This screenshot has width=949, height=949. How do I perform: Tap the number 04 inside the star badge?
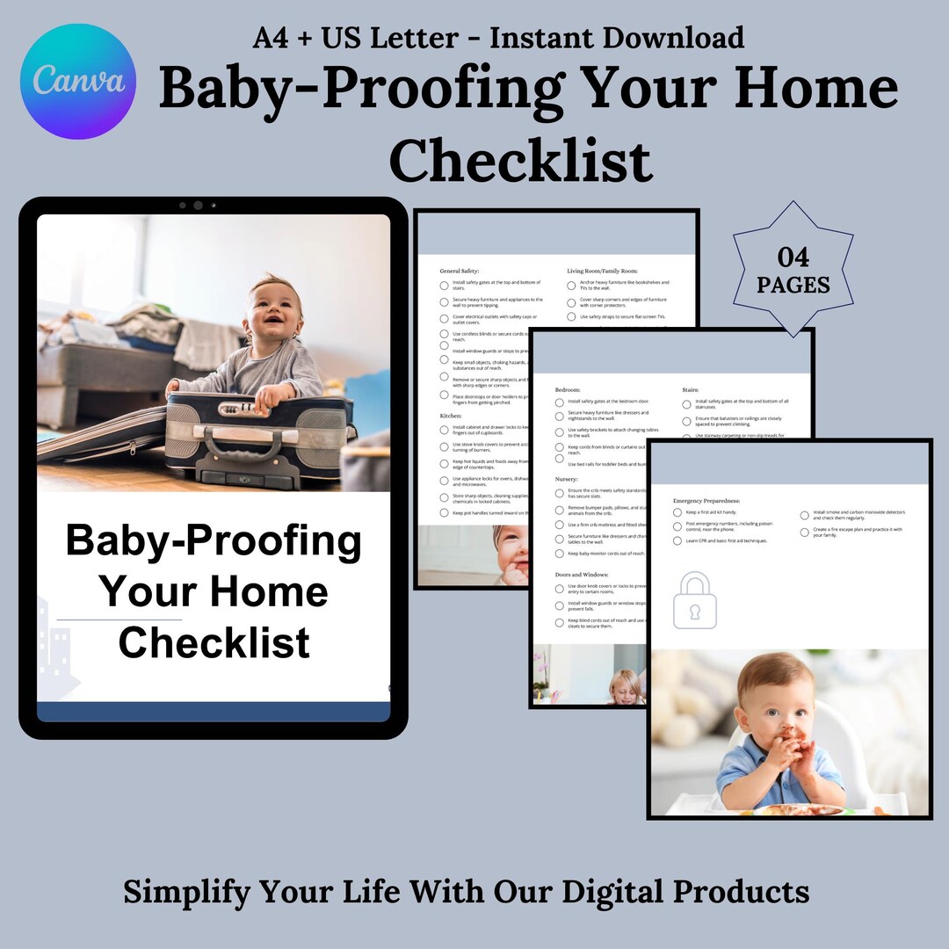pyautogui.click(x=793, y=257)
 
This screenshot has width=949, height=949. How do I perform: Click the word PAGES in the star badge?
pyautogui.click(x=793, y=285)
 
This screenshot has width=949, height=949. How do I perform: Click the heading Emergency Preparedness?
pyautogui.click(x=706, y=500)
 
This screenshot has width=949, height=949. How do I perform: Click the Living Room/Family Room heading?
pyautogui.click(x=603, y=272)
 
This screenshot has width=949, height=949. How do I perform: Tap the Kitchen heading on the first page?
pyautogui.click(x=451, y=416)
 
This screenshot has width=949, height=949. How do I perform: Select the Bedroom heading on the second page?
pyautogui.click(x=569, y=389)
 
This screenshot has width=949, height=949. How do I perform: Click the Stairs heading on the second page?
pyautogui.click(x=692, y=389)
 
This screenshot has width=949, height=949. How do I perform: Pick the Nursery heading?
pyautogui.click(x=567, y=479)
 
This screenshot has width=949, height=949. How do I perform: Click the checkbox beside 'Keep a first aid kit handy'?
pyautogui.click(x=677, y=512)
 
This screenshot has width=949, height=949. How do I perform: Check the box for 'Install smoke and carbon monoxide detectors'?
pyautogui.click(x=804, y=515)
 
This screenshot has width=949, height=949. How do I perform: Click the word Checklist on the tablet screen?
pyautogui.click(x=214, y=642)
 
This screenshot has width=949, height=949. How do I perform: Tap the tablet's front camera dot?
pyautogui.click(x=198, y=206)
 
